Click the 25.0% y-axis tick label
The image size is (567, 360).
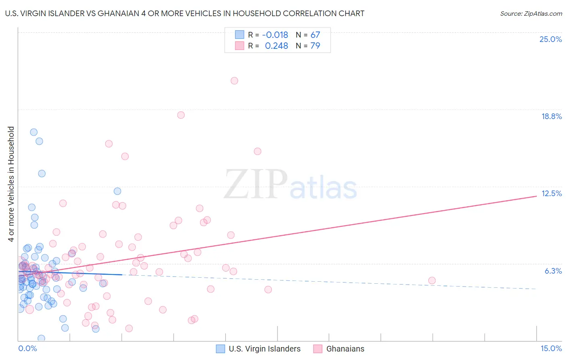coord(550,39)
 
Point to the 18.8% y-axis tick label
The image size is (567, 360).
coord(551,116)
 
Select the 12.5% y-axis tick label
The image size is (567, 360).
coord(551,193)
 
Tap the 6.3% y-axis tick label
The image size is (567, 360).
coord(553,271)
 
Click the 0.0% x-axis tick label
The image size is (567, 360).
coord(27,348)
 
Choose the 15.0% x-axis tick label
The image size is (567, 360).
coord(551,348)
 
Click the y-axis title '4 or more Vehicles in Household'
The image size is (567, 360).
coord(11,184)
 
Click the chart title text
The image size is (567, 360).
coord(185,13)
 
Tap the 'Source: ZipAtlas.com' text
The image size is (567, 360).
coord(531,13)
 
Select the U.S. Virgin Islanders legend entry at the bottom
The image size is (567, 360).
coord(258,349)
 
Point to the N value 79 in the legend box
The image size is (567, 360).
coord(315,46)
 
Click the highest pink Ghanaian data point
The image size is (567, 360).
coord(234,81)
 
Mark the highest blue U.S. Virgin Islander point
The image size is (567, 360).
coord(34,132)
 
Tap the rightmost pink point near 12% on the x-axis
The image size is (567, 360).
coord(432,280)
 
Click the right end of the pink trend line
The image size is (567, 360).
coord(536,196)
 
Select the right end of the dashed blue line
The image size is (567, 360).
coord(536,289)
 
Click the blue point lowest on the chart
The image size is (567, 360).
coord(41,338)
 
